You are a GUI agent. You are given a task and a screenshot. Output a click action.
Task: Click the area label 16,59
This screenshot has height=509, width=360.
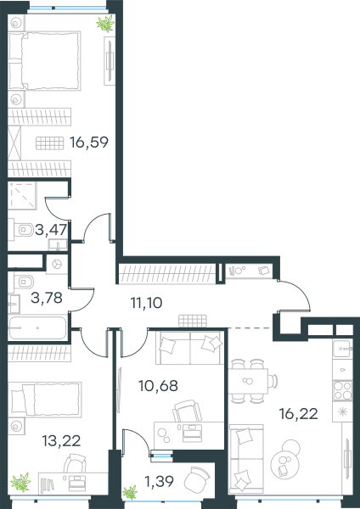coord(89,143)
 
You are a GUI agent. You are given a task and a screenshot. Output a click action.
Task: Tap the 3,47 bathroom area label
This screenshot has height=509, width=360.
coord(51,230)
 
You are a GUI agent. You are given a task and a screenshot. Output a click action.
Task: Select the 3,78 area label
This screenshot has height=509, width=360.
coord(47,298)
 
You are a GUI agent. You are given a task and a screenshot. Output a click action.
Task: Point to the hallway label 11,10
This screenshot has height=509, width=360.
coord(146,303)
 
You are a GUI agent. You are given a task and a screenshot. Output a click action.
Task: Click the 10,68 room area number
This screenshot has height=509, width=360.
coord(158,386)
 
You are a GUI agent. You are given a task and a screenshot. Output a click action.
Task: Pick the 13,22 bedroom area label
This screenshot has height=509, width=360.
coord(61,441)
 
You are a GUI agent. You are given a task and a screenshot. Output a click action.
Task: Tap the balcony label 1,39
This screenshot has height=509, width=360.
coord(160,481)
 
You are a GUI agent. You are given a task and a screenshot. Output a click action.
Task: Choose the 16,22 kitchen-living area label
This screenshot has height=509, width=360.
coord(299,414)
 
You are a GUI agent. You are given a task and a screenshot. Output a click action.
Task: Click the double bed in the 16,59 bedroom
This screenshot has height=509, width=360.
coord(44,61)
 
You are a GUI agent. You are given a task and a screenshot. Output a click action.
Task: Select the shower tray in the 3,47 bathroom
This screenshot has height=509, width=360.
coord(22,196)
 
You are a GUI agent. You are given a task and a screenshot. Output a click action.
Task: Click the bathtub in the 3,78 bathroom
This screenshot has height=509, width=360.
coord(37,327)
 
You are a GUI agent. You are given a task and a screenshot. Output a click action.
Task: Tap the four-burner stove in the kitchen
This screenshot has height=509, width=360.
coord(342,390)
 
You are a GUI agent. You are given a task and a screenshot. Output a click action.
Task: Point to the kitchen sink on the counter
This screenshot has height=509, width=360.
coord(342,349)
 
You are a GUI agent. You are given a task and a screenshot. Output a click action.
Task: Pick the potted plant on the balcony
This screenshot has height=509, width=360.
coord(130,492)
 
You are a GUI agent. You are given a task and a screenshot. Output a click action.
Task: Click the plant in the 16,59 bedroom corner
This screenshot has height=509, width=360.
coord(105,24)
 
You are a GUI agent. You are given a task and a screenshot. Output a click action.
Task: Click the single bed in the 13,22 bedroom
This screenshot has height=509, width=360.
coord(45,400)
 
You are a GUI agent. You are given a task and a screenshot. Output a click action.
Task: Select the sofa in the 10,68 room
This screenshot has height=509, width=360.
coord(189,348)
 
